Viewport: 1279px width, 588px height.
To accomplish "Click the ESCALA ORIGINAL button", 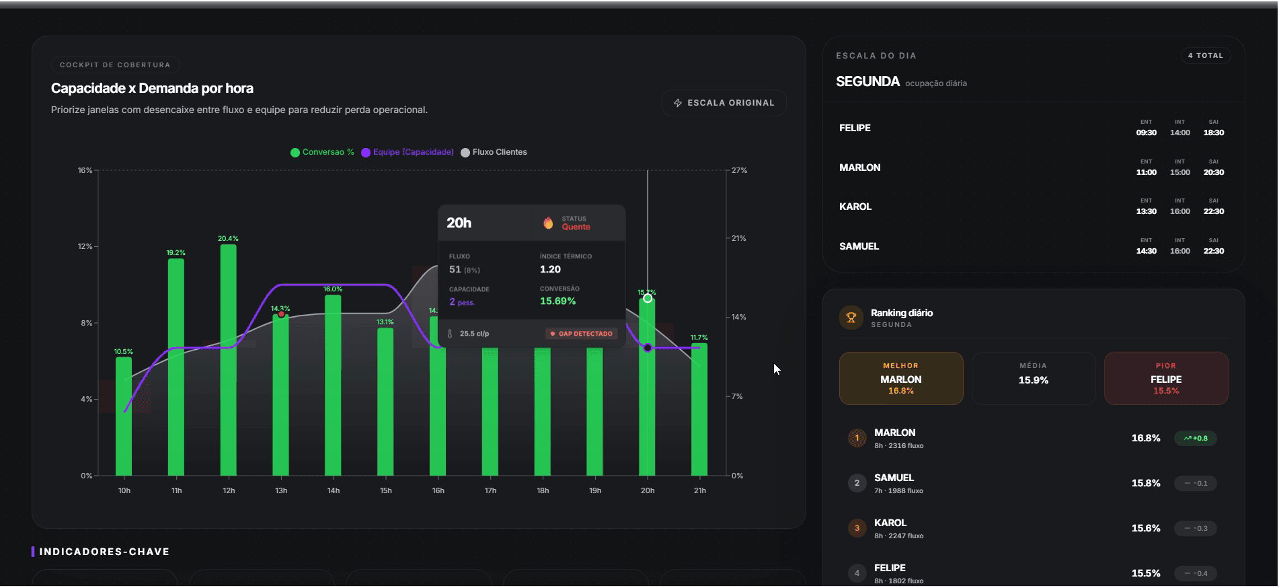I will pyautogui.click(x=724, y=103).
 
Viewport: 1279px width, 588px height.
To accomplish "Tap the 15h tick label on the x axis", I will pyautogui.click(x=386, y=491).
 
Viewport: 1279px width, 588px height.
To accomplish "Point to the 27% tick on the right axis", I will pyautogui.click(x=739, y=171).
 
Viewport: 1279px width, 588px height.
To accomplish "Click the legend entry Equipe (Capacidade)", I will pyautogui.click(x=408, y=152).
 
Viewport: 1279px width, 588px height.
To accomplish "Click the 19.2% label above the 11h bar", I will pyautogui.click(x=176, y=253).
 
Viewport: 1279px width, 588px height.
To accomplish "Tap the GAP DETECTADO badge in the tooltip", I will pyautogui.click(x=582, y=334).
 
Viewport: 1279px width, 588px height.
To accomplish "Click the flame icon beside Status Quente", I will pyautogui.click(x=548, y=223).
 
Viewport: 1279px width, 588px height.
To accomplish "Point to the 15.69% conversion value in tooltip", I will pyautogui.click(x=557, y=301).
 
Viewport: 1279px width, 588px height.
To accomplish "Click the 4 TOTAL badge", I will pyautogui.click(x=1206, y=56).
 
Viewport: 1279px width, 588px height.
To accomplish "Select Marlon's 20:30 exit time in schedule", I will pyautogui.click(x=1214, y=172).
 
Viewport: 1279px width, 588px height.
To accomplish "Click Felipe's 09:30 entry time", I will pyautogui.click(x=1147, y=133).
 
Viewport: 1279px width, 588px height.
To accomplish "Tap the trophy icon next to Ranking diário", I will pyautogui.click(x=851, y=318).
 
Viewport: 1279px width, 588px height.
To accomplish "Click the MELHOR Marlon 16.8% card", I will pyautogui.click(x=901, y=379).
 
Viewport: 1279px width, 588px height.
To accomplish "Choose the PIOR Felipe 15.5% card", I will pyautogui.click(x=1166, y=379).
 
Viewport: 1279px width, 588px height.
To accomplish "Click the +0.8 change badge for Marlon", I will pyautogui.click(x=1196, y=439).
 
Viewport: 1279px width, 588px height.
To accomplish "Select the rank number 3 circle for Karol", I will pyautogui.click(x=857, y=528).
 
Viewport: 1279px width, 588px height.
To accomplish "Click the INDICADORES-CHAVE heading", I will pyautogui.click(x=104, y=552).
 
